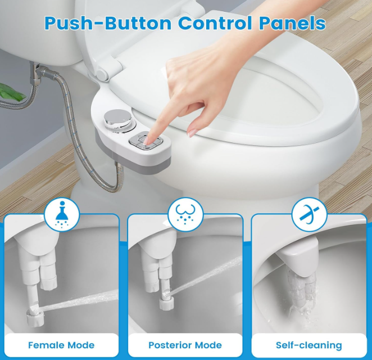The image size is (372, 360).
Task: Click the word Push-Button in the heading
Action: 108,23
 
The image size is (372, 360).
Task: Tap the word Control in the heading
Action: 215,23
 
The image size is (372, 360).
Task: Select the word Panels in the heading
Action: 292,23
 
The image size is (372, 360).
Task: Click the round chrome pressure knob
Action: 117,118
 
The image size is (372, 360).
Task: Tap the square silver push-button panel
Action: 146,141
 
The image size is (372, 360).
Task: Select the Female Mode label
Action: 61,345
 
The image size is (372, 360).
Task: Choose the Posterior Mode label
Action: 185,345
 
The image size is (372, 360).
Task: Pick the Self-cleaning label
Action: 309,345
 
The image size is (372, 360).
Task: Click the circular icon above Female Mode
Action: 62,215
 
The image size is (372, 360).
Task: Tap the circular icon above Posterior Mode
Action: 185,215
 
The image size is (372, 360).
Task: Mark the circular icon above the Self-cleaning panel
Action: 310,215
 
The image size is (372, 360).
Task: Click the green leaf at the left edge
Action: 12,92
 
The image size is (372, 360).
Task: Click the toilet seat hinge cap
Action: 103,75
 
